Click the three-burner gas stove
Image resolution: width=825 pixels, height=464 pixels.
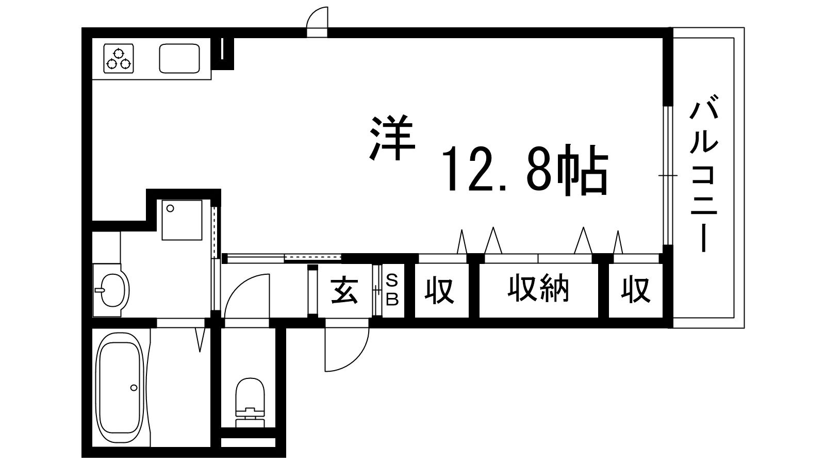click(x=118, y=59)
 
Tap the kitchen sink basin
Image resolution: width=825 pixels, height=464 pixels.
click(x=179, y=59)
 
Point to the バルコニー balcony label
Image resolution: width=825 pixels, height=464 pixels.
click(x=704, y=173)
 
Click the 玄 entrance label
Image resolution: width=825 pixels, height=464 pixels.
click(x=345, y=291)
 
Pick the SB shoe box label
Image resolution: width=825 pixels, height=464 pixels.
click(x=392, y=291)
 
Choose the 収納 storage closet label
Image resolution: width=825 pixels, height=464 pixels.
click(x=538, y=288)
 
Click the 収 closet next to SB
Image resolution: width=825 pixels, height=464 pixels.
click(x=439, y=291)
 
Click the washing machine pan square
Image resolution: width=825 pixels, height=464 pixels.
click(x=182, y=220)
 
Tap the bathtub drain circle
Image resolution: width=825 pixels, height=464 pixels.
click(x=134, y=387)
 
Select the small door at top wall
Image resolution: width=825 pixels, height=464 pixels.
click(x=317, y=22)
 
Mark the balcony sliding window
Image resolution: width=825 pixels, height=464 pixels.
click(x=668, y=176)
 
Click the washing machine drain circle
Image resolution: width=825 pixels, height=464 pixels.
click(x=170, y=208)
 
